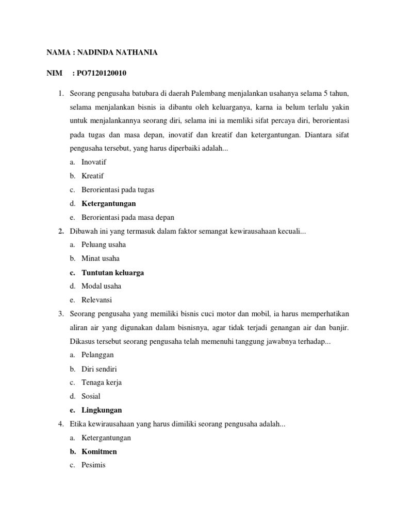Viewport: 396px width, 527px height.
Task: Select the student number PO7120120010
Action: [100, 74]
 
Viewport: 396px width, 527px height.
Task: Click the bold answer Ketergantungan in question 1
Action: [108, 203]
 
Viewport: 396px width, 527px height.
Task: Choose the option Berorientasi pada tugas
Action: [118, 189]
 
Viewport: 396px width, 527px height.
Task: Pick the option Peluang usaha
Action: [103, 244]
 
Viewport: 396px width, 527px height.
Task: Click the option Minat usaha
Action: [100, 258]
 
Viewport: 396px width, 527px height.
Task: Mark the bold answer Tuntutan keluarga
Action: [112, 272]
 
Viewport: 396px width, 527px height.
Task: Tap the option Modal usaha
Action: [101, 286]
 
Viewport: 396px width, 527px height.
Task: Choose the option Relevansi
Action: [96, 300]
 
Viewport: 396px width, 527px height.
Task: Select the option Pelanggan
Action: [97, 355]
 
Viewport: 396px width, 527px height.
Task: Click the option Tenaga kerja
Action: [102, 382]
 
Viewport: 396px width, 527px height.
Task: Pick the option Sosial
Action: [91, 396]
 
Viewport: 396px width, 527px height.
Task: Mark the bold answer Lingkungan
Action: [102, 410]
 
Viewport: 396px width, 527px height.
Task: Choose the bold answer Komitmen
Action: [99, 451]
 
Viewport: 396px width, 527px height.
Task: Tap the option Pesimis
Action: [93, 465]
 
